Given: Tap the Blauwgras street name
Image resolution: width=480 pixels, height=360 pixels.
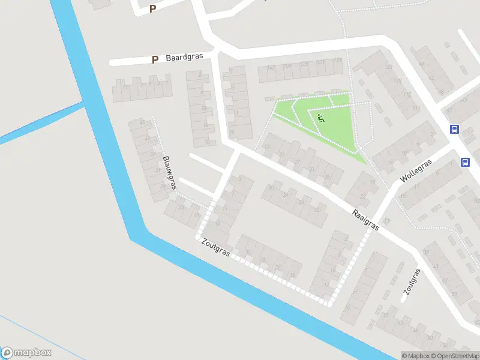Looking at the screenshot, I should click(169, 173).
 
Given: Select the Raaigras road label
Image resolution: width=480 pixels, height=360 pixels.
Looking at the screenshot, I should click(365, 220).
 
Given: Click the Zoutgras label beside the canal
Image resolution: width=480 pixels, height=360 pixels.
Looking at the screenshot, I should click(216, 247).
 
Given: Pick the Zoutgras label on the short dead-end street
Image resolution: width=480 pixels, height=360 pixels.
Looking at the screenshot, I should click(411, 281).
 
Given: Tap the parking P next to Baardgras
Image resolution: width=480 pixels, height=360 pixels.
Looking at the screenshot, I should click(155, 59).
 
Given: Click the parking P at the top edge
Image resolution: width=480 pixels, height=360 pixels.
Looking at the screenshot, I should click(152, 9).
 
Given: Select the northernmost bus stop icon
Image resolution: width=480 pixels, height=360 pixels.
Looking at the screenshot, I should click(454, 129).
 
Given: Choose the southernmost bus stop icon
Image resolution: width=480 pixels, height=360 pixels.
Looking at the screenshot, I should click(465, 162).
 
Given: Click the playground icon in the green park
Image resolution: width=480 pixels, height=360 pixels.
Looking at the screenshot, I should click(321, 118).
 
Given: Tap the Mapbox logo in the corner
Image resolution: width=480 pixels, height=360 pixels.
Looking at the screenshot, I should click(26, 353).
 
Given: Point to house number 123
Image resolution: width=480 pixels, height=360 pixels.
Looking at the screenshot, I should click(338, 61).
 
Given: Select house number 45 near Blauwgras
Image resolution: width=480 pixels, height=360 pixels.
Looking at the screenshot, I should click(142, 122).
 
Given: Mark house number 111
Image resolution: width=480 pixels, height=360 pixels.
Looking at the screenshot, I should click(416, 109).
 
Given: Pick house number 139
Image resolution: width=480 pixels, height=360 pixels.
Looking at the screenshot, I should click(288, 65).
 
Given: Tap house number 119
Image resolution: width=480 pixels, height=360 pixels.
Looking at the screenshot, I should click(389, 67).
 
